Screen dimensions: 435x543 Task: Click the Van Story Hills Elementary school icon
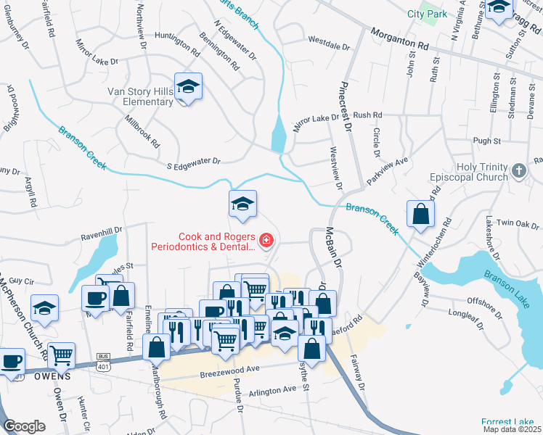[x=188, y=88]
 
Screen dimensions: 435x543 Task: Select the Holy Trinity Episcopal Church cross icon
[x=518, y=170]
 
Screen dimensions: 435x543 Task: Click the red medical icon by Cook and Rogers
[x=266, y=241]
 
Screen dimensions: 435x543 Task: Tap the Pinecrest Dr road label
[x=344, y=106]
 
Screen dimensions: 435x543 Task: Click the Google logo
[x=24, y=426]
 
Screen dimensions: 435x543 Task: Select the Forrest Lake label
[x=507, y=422]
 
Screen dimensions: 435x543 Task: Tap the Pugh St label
[x=486, y=140]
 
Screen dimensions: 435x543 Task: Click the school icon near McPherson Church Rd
[x=45, y=308]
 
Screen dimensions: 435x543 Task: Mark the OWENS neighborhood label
[x=50, y=376]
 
